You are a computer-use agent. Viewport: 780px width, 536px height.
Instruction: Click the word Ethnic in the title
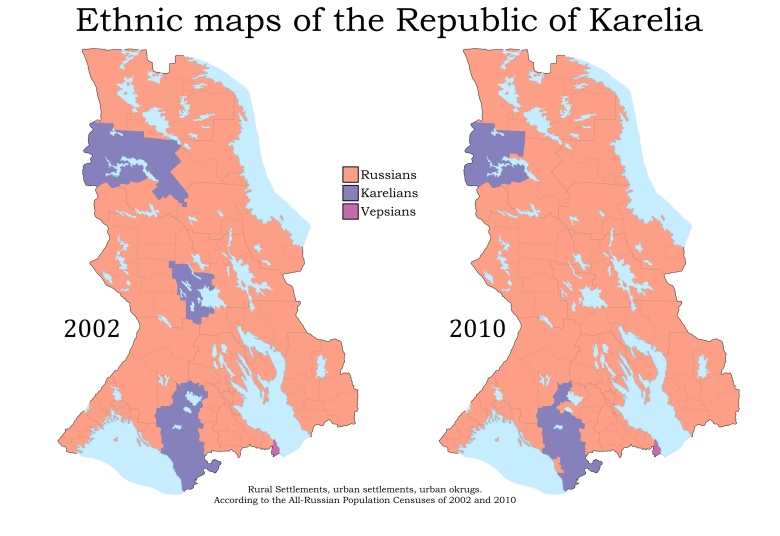(x=126, y=21)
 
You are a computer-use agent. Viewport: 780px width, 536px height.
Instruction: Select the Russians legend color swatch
(x=350, y=174)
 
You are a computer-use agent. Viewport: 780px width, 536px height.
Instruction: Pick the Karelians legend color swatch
(x=350, y=192)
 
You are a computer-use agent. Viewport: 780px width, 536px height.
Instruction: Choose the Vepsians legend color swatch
(x=350, y=211)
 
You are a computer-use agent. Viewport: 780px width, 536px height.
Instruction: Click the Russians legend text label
(x=388, y=174)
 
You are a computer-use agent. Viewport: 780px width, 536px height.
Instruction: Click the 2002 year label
(x=92, y=329)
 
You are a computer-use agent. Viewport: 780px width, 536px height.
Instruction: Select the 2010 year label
(x=477, y=329)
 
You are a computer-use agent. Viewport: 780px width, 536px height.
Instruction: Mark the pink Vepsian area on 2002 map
(x=275, y=449)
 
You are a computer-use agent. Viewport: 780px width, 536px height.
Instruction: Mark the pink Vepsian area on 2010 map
(x=656, y=448)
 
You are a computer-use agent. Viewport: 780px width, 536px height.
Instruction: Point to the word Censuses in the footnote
(x=404, y=499)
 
